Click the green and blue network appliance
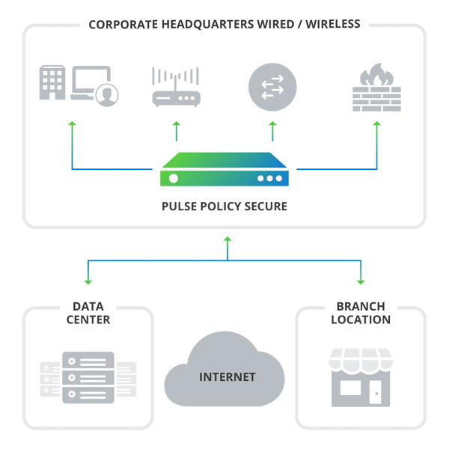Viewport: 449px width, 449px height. coord(224,169)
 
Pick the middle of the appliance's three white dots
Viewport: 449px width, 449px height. coord(270,179)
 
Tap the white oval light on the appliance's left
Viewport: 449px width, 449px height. coord(174,178)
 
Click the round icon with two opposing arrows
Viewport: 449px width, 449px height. coord(272,87)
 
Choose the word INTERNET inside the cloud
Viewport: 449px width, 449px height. coord(227,377)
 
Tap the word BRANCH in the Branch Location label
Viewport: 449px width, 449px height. coord(361,306)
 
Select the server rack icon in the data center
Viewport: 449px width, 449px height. coord(88,377)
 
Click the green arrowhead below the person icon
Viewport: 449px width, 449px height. coord(72,125)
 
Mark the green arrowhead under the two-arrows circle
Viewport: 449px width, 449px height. coord(272,125)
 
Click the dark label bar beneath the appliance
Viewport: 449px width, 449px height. coord(224,205)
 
